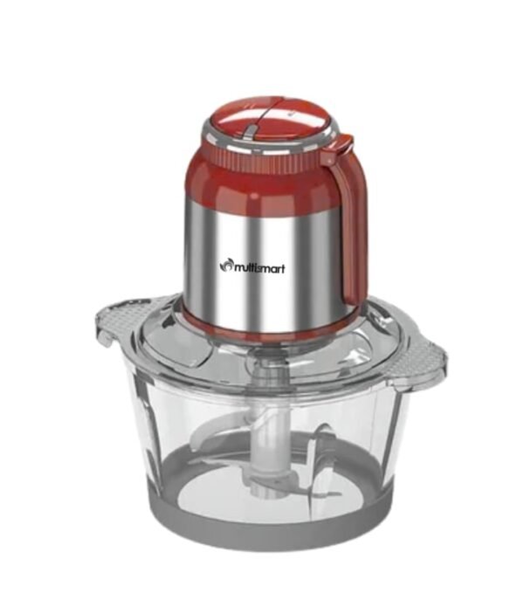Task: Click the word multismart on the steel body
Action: (259, 268)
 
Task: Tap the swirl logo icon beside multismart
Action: (225, 266)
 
